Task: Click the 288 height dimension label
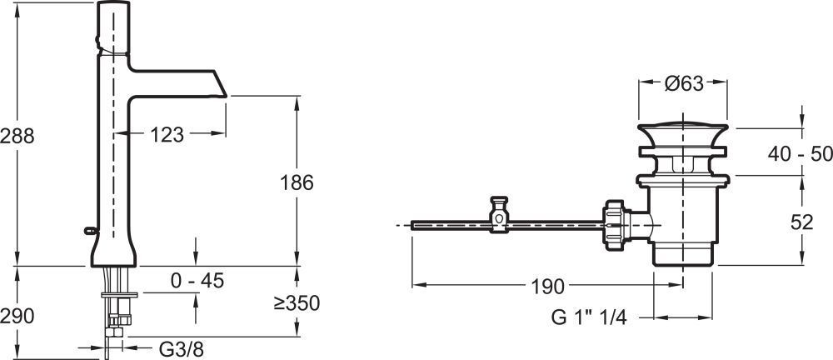click(17, 136)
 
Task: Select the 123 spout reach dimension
click(167, 135)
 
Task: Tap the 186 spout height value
click(297, 183)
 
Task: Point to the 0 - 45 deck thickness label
click(197, 280)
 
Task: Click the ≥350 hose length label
click(297, 303)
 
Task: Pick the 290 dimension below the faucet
click(17, 317)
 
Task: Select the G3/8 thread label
click(181, 349)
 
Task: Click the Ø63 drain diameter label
click(684, 83)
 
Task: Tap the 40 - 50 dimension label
click(800, 154)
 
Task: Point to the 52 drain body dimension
click(801, 222)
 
